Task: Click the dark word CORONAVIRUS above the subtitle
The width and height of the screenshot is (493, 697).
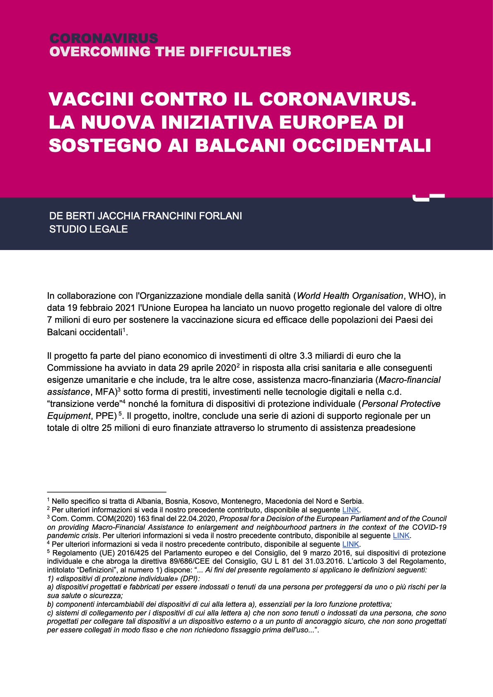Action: [104, 38]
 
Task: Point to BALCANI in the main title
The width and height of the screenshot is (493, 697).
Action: [240, 145]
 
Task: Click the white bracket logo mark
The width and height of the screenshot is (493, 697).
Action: [428, 197]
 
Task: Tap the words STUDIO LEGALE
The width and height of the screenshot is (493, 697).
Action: [88, 229]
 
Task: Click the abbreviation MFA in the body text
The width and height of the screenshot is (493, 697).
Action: [104, 392]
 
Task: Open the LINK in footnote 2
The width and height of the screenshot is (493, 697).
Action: [350, 510]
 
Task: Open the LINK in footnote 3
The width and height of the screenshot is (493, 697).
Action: [401, 536]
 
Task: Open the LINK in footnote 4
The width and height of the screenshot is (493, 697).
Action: [350, 544]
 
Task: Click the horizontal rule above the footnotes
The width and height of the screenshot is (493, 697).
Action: [106, 492]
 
